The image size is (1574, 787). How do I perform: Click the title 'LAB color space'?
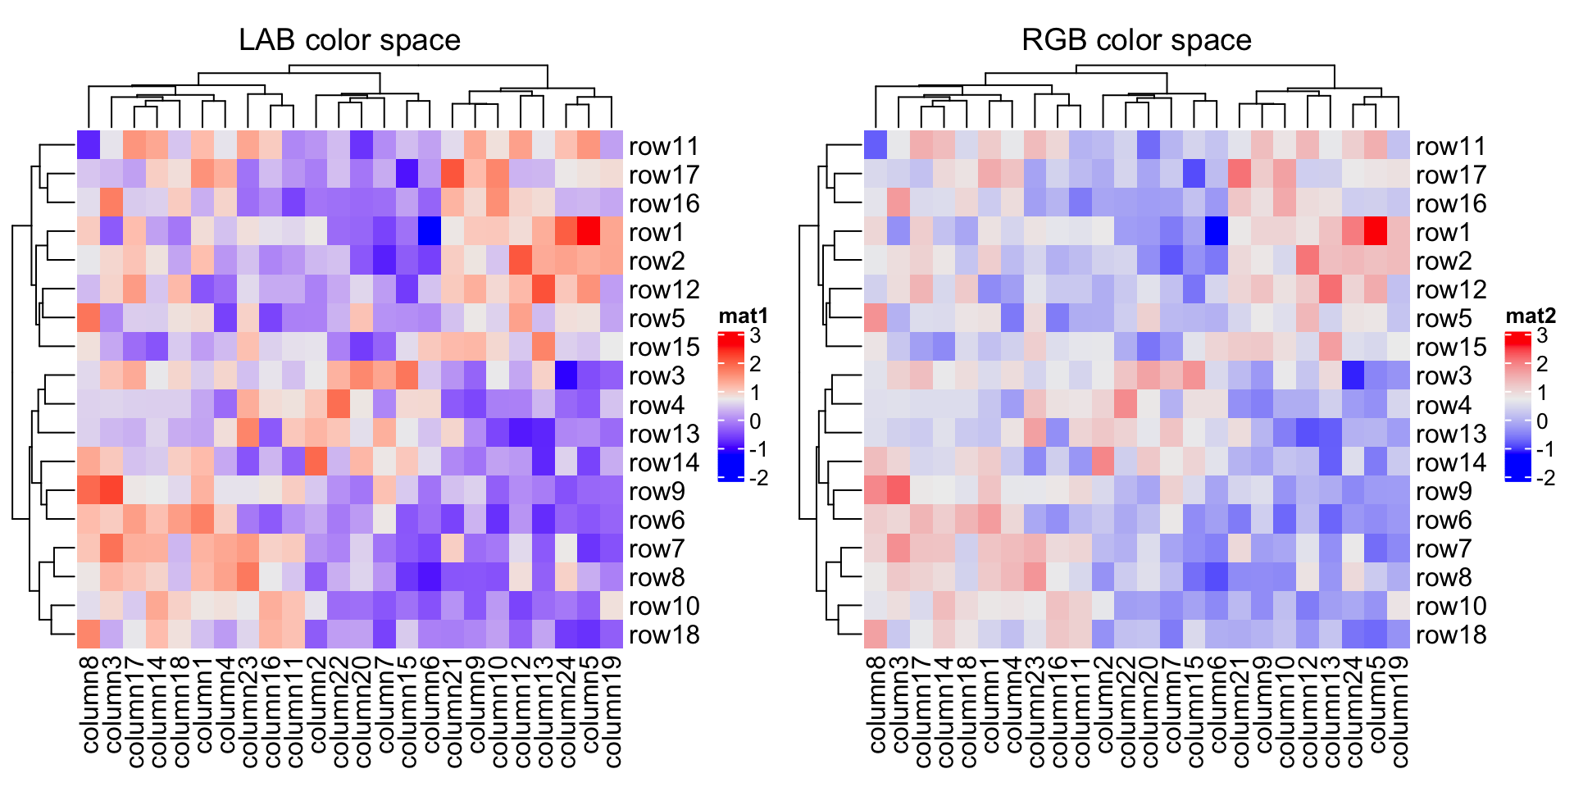pyautogui.click(x=349, y=39)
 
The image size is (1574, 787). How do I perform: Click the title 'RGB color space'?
pyautogui.click(x=1136, y=39)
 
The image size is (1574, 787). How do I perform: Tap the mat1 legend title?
pyautogui.click(x=743, y=316)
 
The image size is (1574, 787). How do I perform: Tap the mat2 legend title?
pyautogui.click(x=1530, y=316)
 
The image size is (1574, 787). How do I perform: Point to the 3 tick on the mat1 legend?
pyautogui.click(x=755, y=335)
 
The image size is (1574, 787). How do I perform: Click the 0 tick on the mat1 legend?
pyautogui.click(x=755, y=421)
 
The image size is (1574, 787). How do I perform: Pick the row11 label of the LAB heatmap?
pyautogui.click(x=664, y=146)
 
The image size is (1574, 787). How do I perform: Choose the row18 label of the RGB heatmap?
pyautogui.click(x=1451, y=635)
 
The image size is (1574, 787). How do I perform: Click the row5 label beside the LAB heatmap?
pyautogui.click(x=657, y=318)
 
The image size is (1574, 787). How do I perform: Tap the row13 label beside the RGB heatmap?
pyautogui.click(x=1451, y=434)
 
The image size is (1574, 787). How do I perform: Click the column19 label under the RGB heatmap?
pyautogui.click(x=1399, y=712)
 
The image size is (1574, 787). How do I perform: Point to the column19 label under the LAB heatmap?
pyautogui.click(x=612, y=712)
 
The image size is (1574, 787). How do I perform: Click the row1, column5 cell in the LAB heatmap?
pyautogui.click(x=589, y=232)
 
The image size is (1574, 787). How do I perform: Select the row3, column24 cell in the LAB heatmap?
pyautogui.click(x=566, y=375)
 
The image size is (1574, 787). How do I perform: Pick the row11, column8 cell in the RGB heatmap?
pyautogui.click(x=876, y=145)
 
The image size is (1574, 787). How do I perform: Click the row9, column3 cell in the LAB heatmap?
pyautogui.click(x=111, y=491)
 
